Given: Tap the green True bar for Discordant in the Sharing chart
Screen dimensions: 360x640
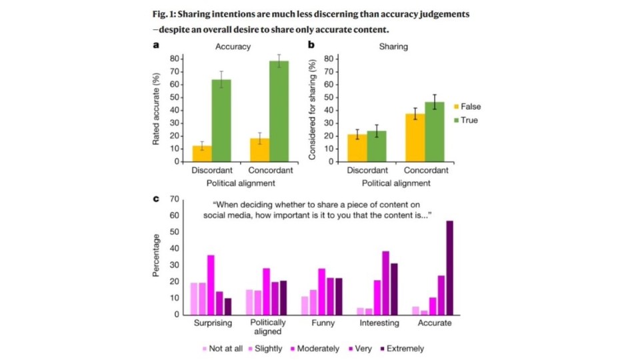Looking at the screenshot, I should pyautogui.click(x=376, y=146).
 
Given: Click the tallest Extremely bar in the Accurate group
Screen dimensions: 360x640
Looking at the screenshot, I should pyautogui.click(x=450, y=267).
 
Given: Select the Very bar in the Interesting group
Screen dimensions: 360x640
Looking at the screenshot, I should pyautogui.click(x=385, y=283).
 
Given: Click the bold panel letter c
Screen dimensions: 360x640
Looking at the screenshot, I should pyautogui.click(x=156, y=199).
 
